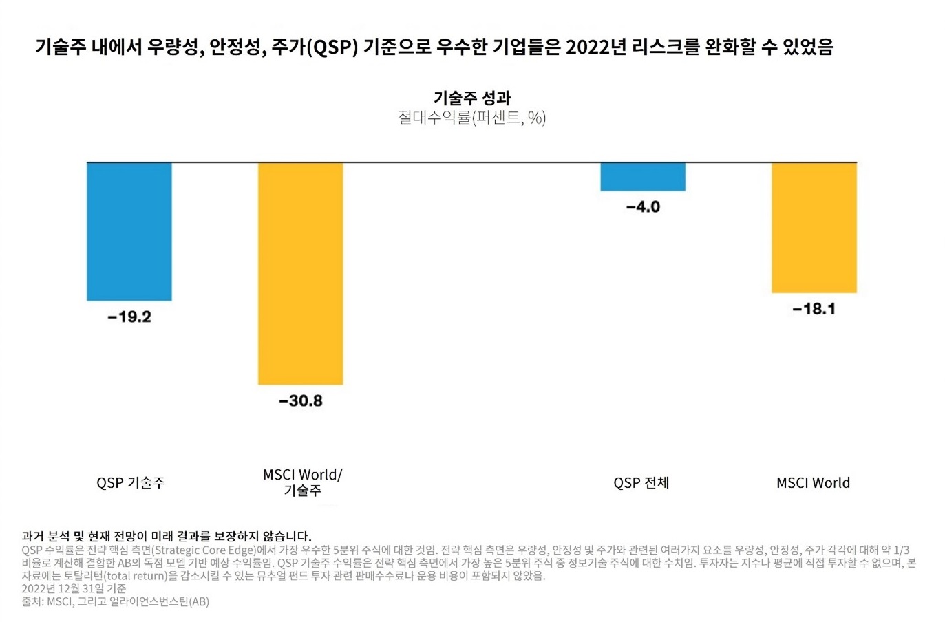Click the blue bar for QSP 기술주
[129, 231]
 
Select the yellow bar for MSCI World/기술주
[300, 273]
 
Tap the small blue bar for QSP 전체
[642, 177]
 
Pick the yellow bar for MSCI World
[814, 228]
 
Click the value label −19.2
[129, 317]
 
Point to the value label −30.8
[300, 401]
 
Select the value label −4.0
[643, 207]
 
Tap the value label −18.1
[814, 309]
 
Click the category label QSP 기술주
[131, 483]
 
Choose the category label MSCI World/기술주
[302, 482]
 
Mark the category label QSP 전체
[641, 483]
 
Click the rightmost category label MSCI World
[813, 483]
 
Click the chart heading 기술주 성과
[472, 98]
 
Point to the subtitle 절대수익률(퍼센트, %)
[472, 118]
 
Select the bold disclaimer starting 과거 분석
[167, 536]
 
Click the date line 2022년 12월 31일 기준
[74, 588]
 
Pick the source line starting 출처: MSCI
[115, 601]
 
